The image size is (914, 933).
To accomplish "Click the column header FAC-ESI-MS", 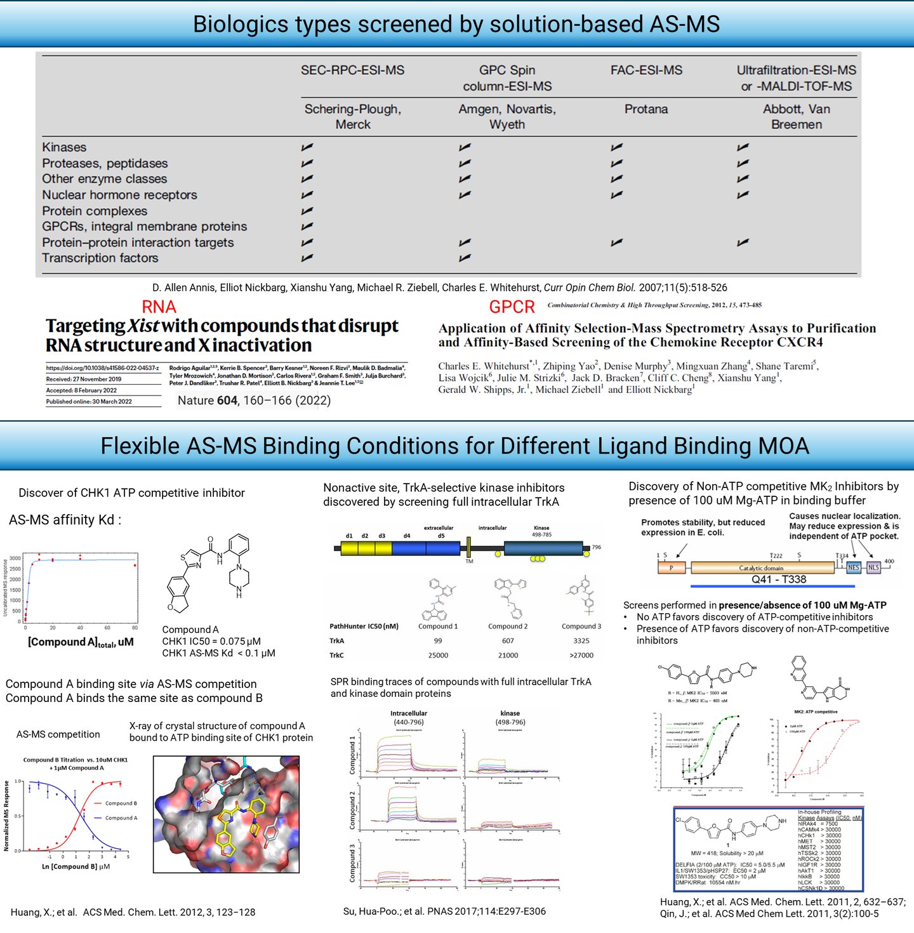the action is (646, 70).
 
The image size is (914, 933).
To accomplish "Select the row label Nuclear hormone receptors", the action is (119, 195).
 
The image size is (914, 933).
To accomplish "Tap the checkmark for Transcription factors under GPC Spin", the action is (465, 258).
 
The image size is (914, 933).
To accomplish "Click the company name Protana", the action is (646, 109).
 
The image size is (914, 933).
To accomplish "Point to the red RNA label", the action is (159, 307).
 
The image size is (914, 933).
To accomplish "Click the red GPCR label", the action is (512, 307).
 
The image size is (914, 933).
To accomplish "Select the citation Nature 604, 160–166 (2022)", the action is (254, 400).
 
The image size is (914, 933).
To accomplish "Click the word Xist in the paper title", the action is (143, 326).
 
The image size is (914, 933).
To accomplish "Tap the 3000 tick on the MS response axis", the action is (15, 559).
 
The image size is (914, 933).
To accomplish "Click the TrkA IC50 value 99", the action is (438, 641).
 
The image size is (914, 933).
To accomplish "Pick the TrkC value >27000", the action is (581, 655).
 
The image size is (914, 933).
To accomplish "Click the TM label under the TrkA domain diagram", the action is (469, 561).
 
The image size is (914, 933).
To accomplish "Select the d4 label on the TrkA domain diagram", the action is (407, 536).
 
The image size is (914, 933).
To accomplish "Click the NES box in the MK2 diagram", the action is (854, 567).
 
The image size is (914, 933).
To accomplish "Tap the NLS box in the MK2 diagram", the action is (874, 567).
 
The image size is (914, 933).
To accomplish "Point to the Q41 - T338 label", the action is (779, 579).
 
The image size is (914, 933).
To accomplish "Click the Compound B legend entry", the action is (121, 804).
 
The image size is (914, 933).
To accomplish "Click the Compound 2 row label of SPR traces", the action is (352, 811).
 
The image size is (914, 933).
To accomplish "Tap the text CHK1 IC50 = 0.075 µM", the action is (211, 641).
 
